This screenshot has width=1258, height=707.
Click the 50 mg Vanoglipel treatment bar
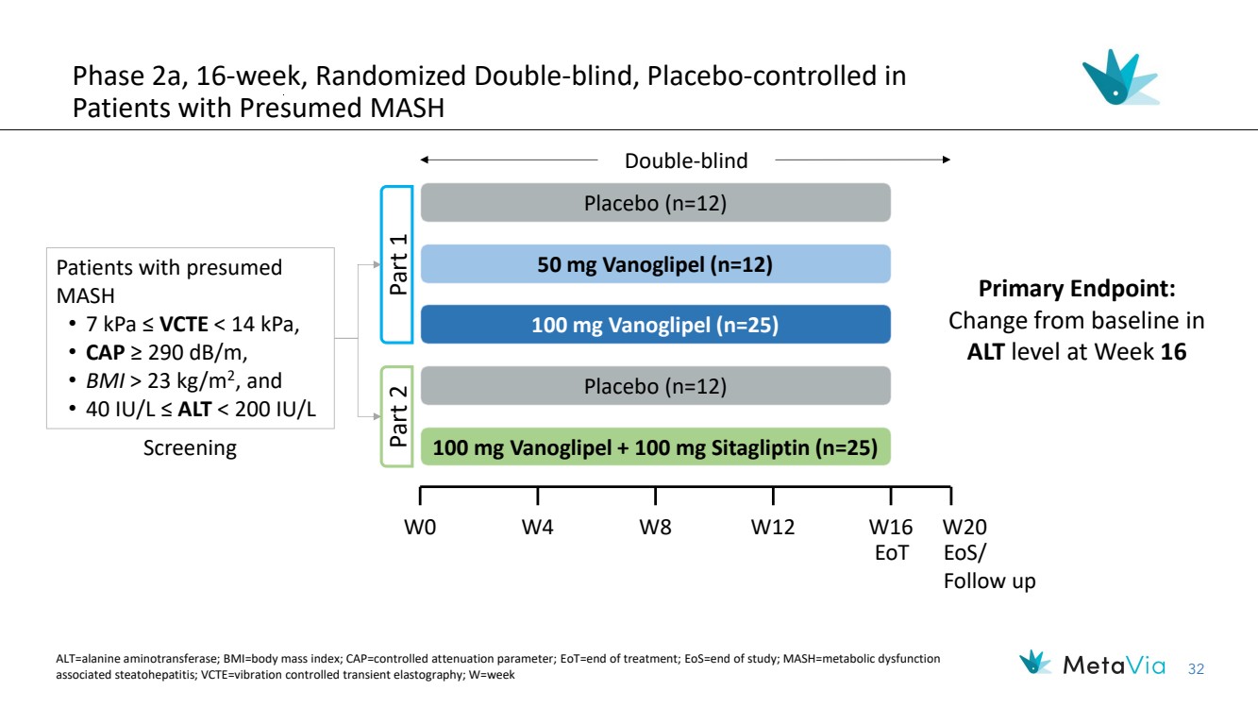click(x=655, y=264)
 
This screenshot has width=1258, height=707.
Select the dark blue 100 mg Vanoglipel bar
click(x=655, y=325)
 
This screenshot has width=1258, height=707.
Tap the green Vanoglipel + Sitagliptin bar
click(x=655, y=447)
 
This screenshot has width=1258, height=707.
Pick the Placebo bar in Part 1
click(x=655, y=203)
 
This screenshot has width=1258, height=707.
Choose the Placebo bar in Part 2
click(x=655, y=386)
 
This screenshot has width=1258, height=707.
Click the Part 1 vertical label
click(x=398, y=264)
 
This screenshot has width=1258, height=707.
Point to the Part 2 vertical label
click(x=398, y=416)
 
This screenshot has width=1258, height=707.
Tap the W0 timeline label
click(x=420, y=528)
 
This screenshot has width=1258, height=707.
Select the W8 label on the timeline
click(x=655, y=528)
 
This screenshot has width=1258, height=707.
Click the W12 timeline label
click(x=773, y=528)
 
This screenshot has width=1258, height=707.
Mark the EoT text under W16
click(x=891, y=553)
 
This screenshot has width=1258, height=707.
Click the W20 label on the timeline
click(x=964, y=528)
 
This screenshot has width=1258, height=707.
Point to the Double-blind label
click(x=686, y=161)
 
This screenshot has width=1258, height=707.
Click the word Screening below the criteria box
click(x=190, y=448)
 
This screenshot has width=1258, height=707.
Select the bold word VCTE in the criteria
click(x=184, y=325)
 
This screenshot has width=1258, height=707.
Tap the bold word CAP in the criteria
click(x=105, y=353)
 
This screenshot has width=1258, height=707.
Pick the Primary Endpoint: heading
click(x=1077, y=289)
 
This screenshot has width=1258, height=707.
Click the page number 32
click(x=1196, y=669)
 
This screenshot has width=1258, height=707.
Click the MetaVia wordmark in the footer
click(x=1114, y=665)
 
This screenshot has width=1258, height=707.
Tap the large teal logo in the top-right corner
click(x=1121, y=77)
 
